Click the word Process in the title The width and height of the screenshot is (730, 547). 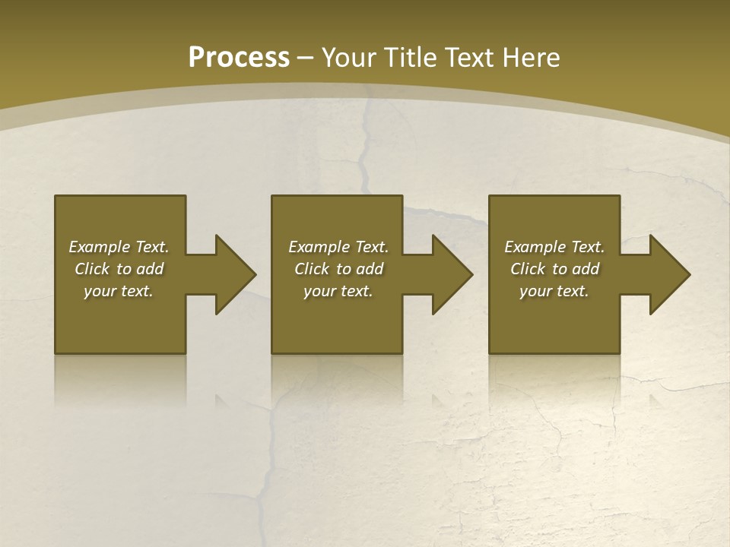coord(239,58)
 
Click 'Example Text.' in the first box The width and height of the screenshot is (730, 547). coord(119,247)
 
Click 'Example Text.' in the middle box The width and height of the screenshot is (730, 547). coord(338,247)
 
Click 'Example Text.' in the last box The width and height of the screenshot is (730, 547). coord(554,247)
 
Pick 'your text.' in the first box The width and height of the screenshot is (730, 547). coord(119,291)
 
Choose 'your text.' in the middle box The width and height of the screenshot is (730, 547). coord(338,291)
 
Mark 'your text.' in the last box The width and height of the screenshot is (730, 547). coord(554,291)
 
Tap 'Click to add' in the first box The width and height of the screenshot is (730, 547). coord(119,269)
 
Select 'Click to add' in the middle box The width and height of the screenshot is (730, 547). coord(338,269)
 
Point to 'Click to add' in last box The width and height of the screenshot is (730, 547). coord(554,269)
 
